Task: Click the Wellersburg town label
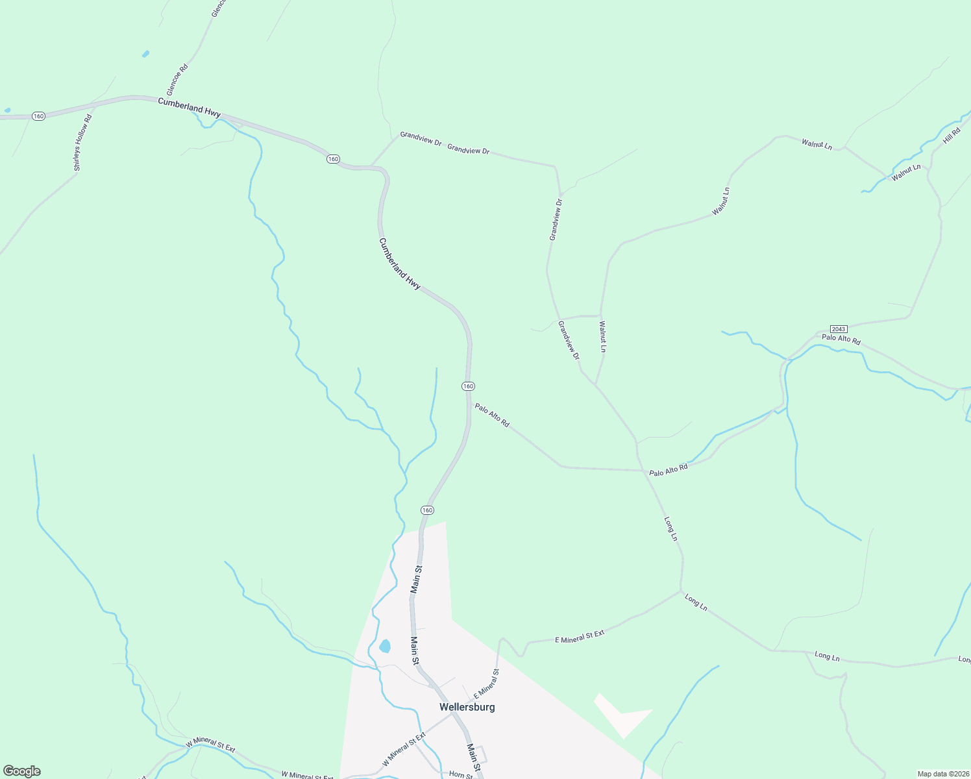click(x=467, y=707)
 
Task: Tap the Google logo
click(x=21, y=771)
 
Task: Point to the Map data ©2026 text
click(x=942, y=774)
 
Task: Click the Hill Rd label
click(x=952, y=136)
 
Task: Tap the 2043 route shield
click(x=839, y=329)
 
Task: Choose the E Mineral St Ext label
click(x=580, y=636)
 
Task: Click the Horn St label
click(x=461, y=775)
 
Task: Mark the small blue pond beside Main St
click(x=385, y=646)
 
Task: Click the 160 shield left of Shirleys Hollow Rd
click(x=38, y=116)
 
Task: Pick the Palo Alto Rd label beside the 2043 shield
click(x=841, y=340)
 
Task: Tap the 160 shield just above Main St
click(x=427, y=510)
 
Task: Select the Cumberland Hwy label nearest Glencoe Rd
click(x=189, y=107)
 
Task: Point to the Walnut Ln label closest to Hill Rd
click(x=905, y=173)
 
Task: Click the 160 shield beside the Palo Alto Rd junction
click(x=468, y=386)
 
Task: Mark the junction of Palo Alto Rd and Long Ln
click(x=644, y=471)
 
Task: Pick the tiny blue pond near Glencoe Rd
click(x=145, y=54)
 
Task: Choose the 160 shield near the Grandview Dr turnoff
click(x=333, y=159)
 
